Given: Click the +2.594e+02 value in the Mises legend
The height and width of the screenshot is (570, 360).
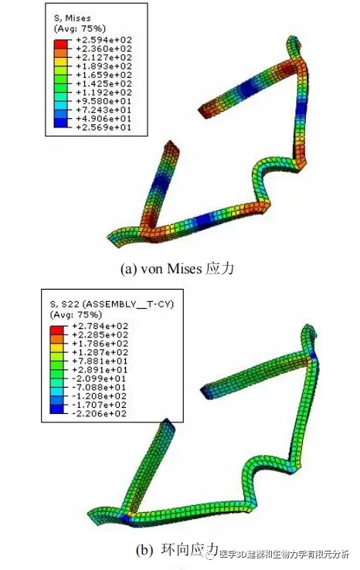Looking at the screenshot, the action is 104,40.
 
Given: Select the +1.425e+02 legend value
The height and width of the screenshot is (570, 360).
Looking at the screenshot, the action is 104,83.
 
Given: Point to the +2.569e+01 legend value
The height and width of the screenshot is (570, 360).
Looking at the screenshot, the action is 104,127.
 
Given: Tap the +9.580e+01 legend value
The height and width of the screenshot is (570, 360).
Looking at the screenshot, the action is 104,101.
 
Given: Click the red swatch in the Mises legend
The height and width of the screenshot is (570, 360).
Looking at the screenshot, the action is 60,44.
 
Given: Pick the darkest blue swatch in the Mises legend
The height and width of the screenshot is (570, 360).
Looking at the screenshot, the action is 60,123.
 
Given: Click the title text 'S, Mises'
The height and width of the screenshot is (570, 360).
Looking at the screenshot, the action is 73,19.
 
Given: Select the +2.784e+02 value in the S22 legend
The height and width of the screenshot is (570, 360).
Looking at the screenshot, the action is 100,326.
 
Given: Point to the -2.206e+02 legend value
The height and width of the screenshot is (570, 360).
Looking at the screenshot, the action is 100,414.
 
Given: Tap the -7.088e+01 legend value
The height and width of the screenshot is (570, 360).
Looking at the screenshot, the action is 100,388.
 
